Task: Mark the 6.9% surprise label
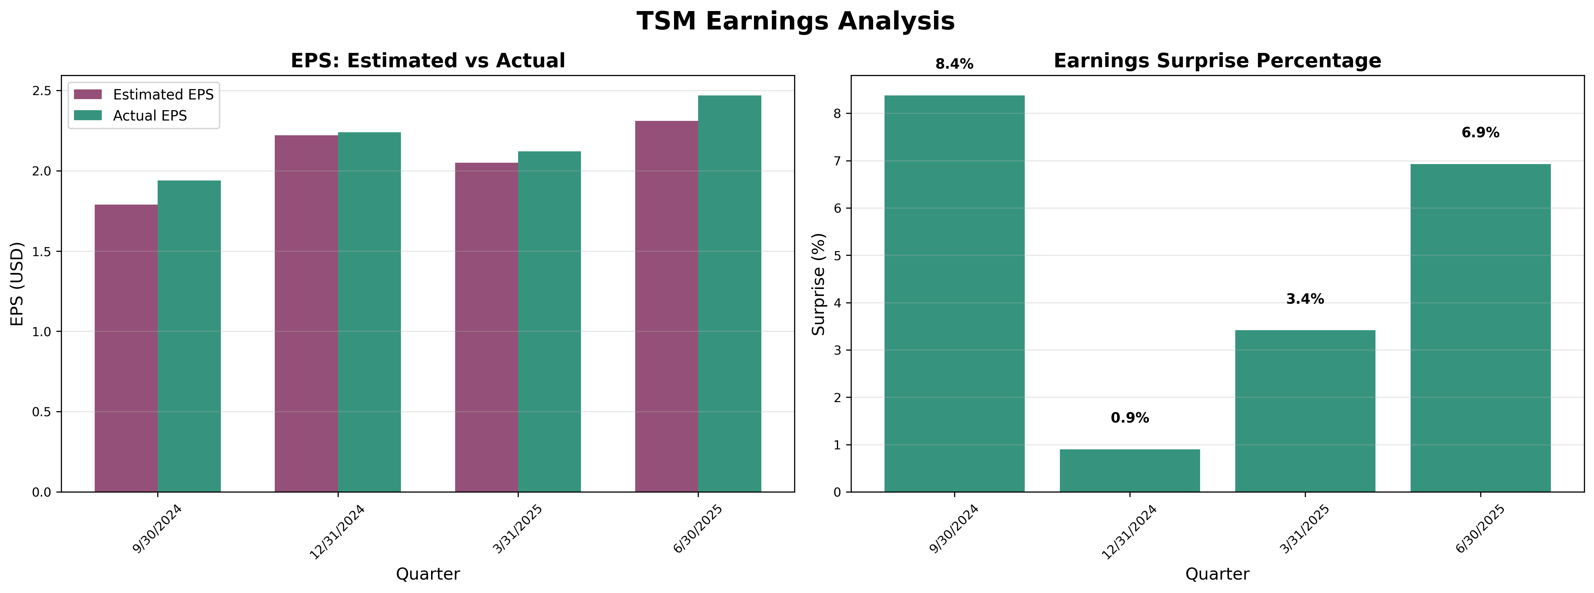point(1480,133)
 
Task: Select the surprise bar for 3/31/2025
point(1305,411)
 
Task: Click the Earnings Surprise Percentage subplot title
point(1217,61)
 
